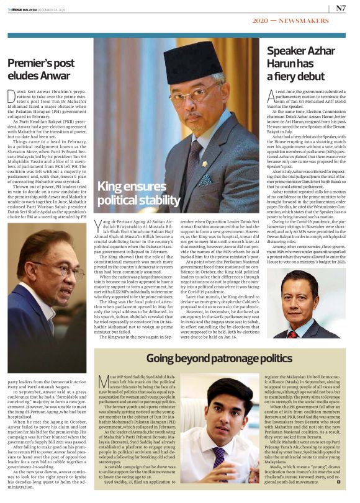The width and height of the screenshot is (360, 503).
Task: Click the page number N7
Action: [341, 8]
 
